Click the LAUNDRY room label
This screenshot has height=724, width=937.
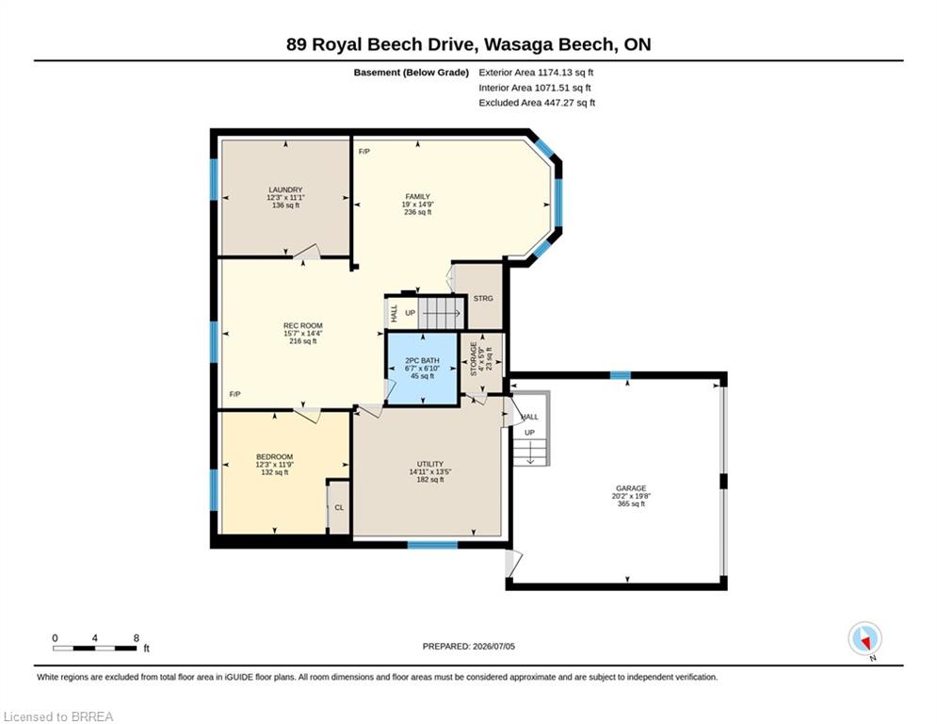click(285, 189)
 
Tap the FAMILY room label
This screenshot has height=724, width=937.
click(418, 197)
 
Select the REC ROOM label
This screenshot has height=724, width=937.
click(303, 326)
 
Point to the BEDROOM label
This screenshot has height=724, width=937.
click(275, 457)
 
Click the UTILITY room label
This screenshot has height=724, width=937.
click(430, 465)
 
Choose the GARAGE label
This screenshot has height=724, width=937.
click(631, 488)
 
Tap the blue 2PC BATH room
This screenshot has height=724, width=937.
click(423, 369)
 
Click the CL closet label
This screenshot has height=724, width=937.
click(339, 508)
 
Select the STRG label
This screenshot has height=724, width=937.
click(483, 299)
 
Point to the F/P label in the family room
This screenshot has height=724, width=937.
click(363, 152)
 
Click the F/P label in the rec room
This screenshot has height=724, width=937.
click(234, 394)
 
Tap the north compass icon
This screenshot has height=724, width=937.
click(865, 640)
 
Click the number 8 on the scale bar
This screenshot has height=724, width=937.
click(137, 638)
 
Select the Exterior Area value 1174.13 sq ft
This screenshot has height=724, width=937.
click(565, 73)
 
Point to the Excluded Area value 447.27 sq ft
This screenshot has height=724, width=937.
click(570, 103)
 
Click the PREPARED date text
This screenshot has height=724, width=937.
click(469, 646)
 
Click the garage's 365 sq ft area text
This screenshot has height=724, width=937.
click(631, 503)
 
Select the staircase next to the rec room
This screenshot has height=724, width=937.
click(441, 312)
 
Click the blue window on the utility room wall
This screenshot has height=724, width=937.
click(432, 545)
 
